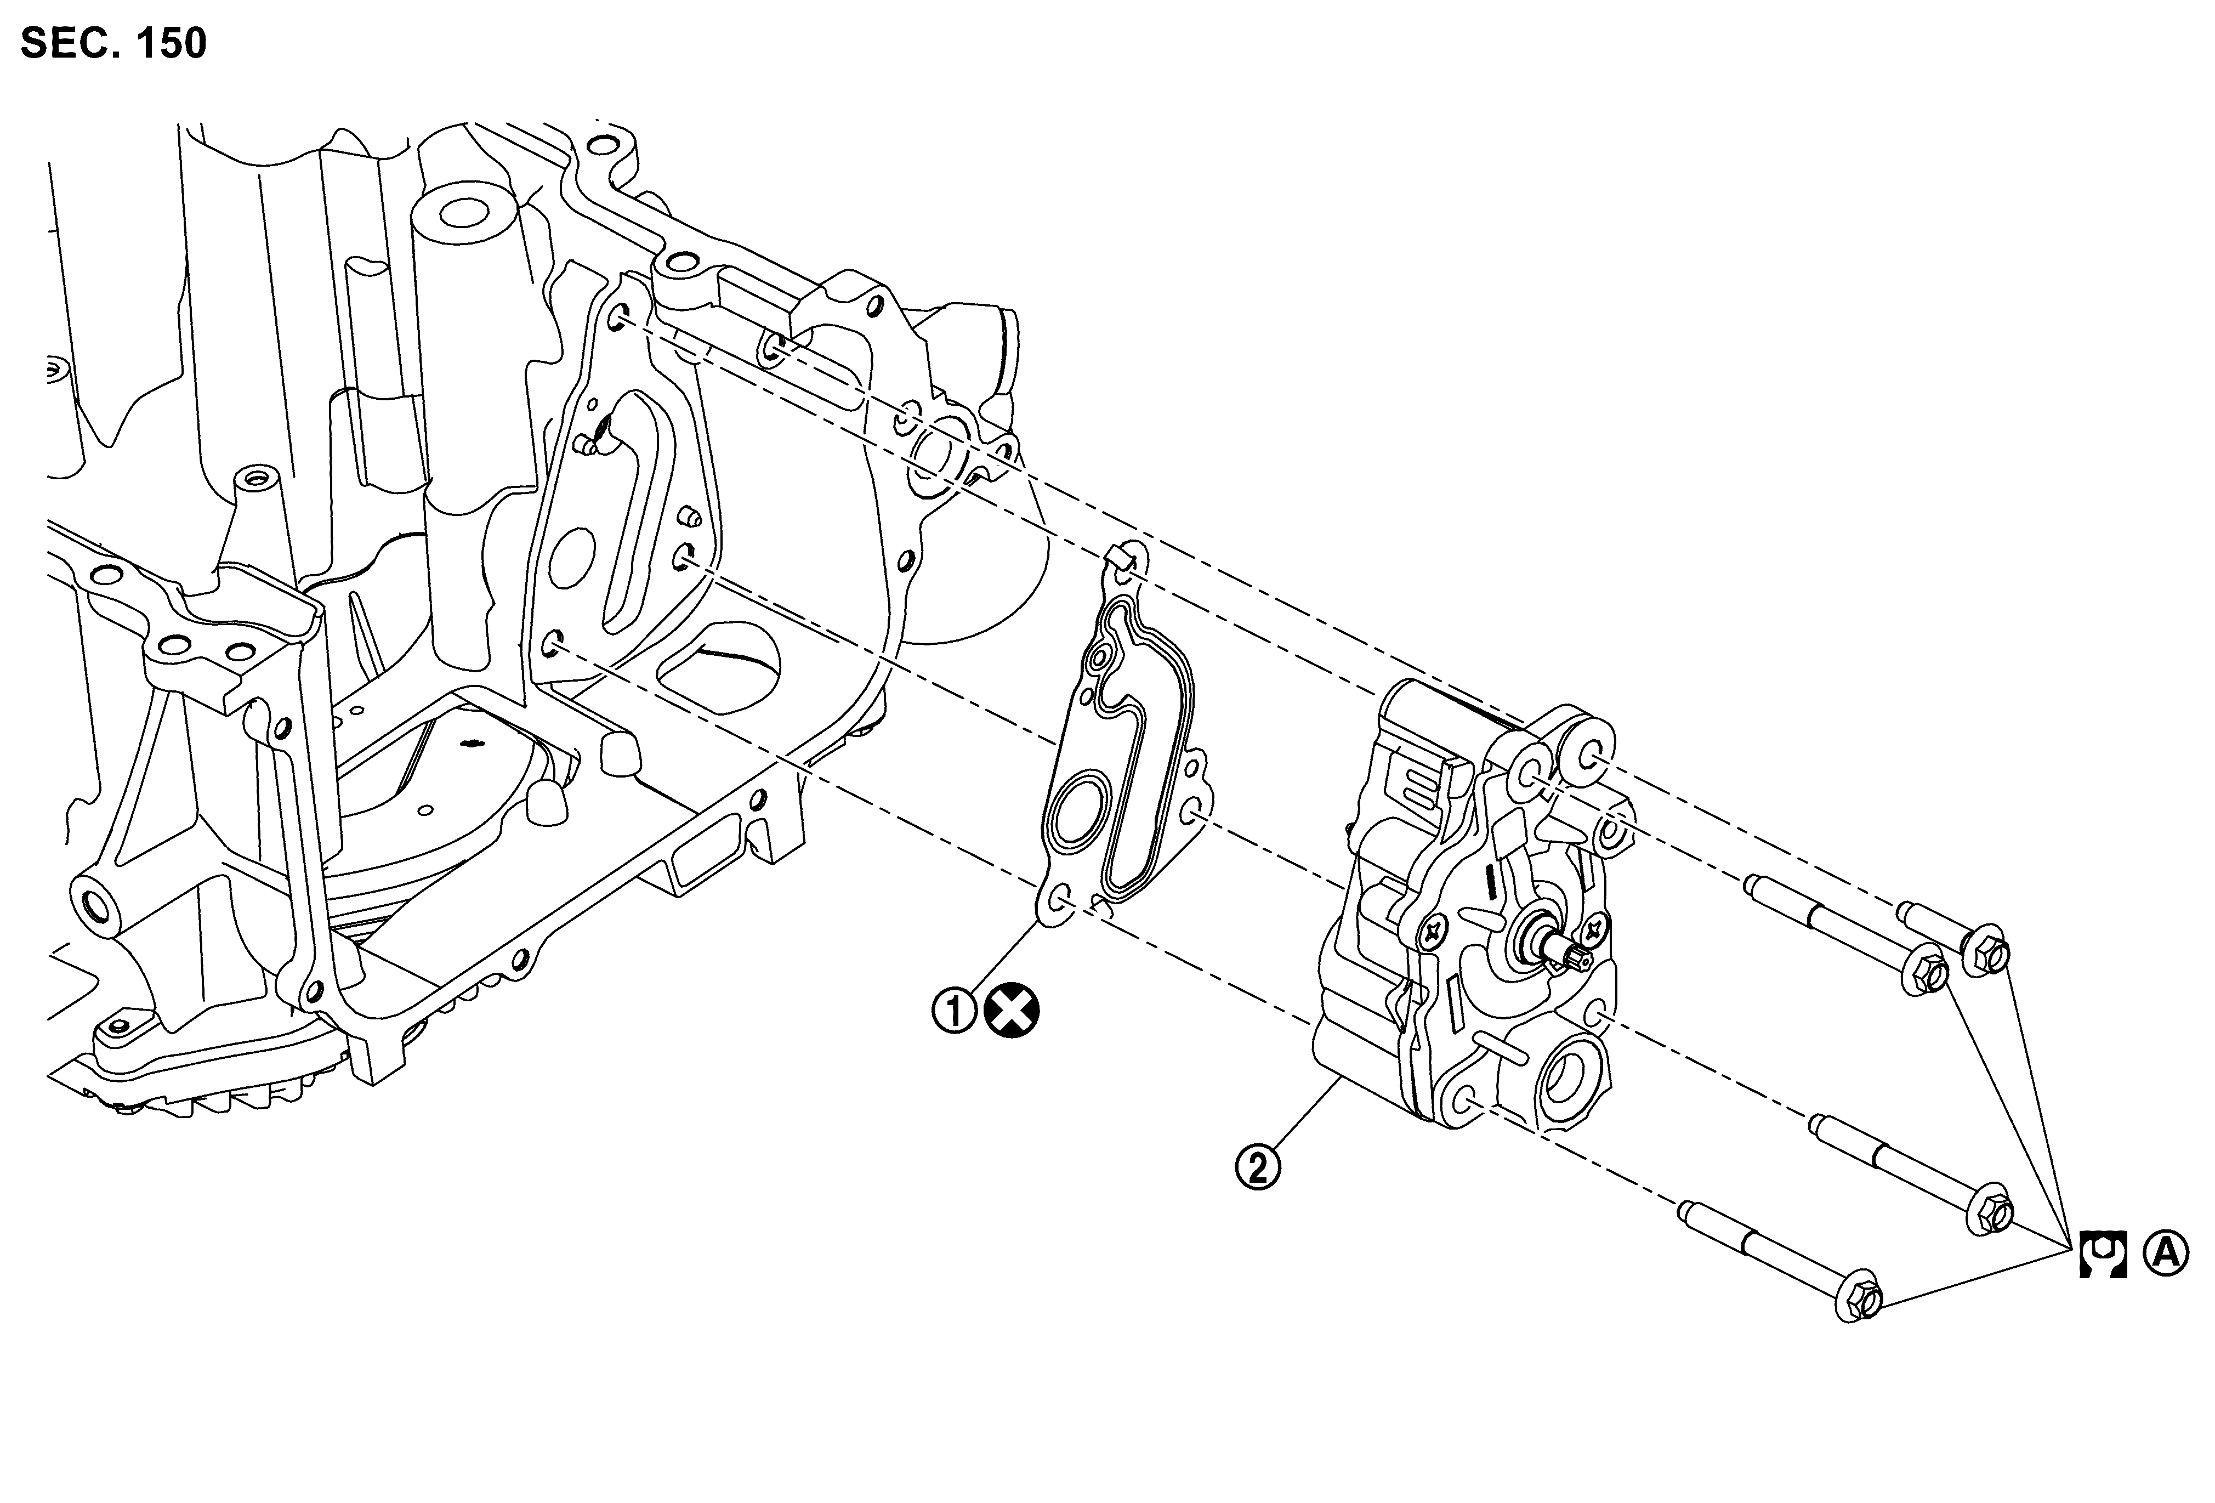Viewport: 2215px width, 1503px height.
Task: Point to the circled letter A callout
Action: point(2166,1252)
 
